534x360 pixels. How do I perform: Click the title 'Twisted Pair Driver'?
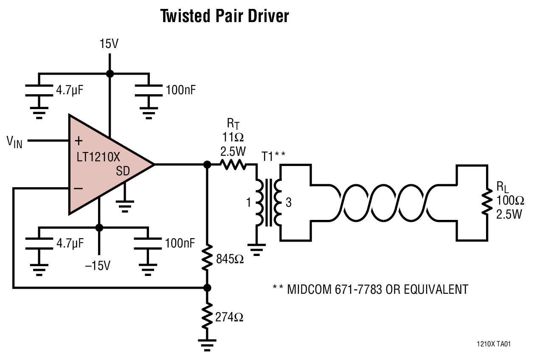coord(225,16)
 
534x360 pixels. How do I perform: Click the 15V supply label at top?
coord(109,44)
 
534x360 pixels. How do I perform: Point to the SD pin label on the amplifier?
coord(123,171)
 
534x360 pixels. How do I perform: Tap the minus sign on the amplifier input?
coord(79,188)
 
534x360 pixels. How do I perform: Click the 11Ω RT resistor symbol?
coord(233,164)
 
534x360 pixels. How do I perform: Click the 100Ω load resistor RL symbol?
coord(485,203)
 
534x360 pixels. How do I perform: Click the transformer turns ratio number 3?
coord(289,203)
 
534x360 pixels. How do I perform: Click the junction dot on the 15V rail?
coord(110,74)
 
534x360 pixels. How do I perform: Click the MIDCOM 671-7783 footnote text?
coord(370,290)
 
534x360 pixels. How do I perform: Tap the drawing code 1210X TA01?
coord(493,344)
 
